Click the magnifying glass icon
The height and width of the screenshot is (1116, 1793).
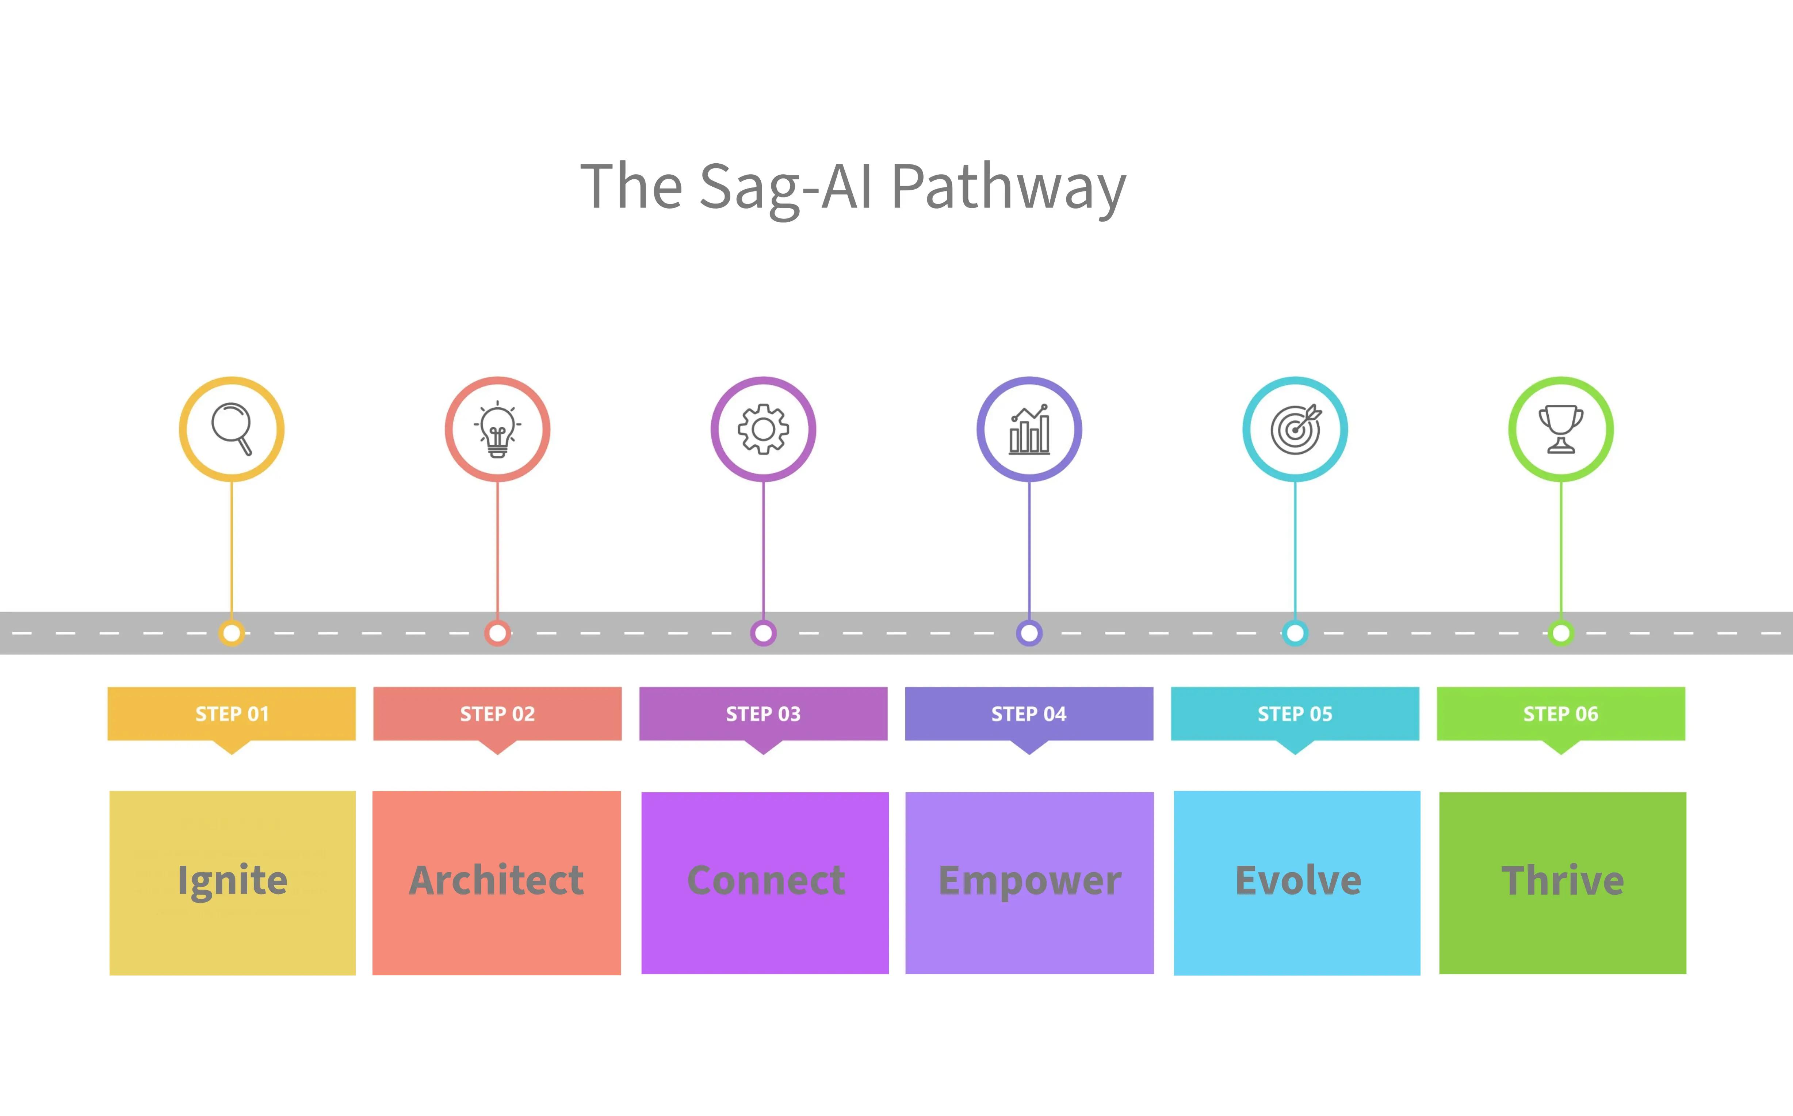232,429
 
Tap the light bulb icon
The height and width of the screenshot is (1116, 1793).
497,429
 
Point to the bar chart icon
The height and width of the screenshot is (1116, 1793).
1029,429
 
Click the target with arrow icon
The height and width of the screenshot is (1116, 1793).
1295,429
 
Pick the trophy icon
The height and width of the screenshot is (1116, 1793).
1561,429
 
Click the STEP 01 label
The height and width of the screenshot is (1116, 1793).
232,714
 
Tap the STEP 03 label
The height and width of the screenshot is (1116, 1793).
763,714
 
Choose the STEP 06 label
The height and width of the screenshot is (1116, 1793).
1561,714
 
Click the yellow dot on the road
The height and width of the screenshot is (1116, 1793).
232,633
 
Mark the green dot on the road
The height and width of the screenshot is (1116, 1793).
1561,633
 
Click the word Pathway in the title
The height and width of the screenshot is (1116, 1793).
1009,187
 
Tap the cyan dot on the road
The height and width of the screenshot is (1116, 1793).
1295,633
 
